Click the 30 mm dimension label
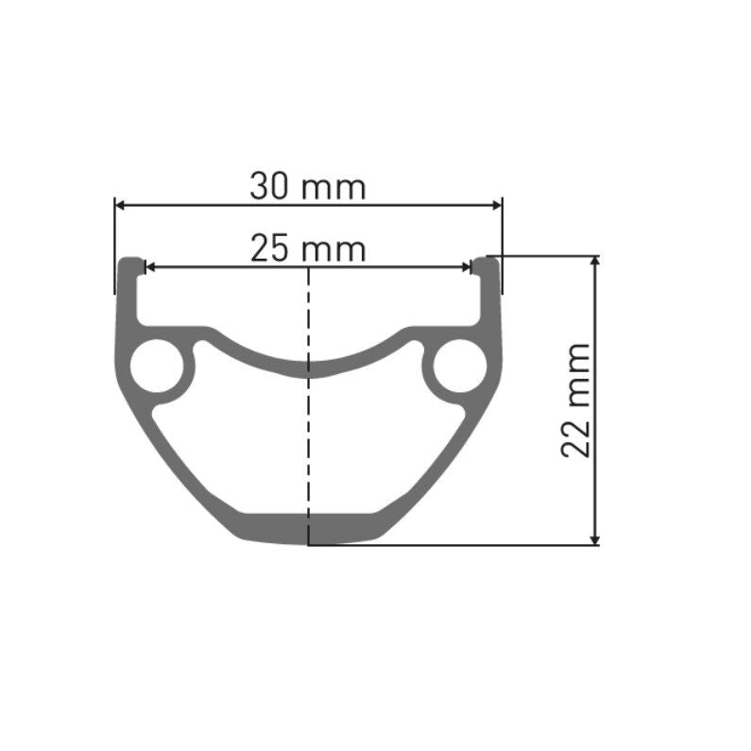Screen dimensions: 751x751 [x=307, y=186]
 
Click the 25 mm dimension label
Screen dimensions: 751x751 [x=307, y=249]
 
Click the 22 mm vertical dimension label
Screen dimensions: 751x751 [x=575, y=401]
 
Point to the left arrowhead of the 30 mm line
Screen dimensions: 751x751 [x=120, y=203]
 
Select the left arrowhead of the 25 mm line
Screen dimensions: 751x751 [x=147, y=267]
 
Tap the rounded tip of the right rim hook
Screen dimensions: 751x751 [x=486, y=262]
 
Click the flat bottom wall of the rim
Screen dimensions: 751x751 [x=308, y=529]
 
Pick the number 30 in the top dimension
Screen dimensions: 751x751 [x=269, y=186]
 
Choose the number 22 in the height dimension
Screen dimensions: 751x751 [x=575, y=439]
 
